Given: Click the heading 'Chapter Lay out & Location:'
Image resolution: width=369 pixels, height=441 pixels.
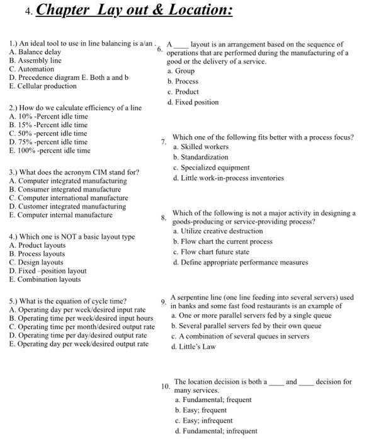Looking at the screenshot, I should [135, 12].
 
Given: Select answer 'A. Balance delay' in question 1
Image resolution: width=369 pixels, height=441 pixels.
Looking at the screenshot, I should [35, 52].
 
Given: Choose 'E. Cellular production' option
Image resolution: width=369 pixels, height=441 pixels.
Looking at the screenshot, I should [42, 86].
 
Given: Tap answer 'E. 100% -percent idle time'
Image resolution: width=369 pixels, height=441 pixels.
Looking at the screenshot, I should [50, 151].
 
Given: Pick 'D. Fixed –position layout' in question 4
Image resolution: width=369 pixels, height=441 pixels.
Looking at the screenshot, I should [48, 271].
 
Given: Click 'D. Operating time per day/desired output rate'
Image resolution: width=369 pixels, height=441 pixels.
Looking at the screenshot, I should [79, 335].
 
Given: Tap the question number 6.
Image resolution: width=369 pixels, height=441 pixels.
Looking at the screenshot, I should [160, 51].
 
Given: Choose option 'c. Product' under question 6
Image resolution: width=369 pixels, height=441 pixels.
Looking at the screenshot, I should [183, 92].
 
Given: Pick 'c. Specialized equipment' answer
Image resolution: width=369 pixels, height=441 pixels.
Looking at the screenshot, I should [211, 168].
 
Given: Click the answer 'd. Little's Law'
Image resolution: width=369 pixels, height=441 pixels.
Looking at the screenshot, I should [191, 346].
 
